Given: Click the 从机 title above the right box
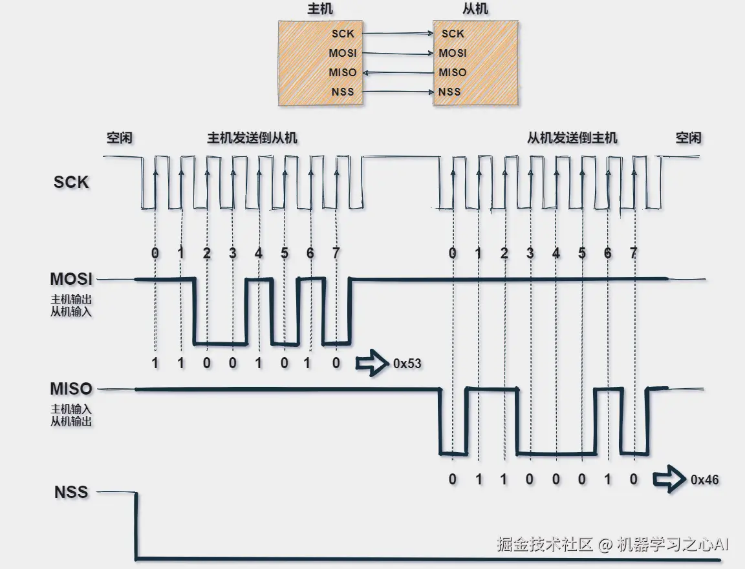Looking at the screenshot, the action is pos(476,9).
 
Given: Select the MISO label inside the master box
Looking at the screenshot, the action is pos(342,72).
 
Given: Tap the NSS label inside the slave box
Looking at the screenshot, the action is pos(450,92).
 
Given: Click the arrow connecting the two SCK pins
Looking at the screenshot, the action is pos(397,33).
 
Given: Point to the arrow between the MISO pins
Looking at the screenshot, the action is pos(397,72).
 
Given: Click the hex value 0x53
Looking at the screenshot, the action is pos(407,364).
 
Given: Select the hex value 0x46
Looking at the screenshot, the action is pos(704,480).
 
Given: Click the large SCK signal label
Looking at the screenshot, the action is pos(71,182).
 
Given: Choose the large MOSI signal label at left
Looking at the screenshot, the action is pos(71,280).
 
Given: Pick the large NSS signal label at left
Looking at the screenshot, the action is pos(71,492).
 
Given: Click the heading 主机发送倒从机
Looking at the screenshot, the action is pos(252,138).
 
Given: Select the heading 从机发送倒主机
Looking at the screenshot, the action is pos(572,138).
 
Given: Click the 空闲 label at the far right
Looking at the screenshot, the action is pos(688,138).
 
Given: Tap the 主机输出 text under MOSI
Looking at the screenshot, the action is pos(71,300).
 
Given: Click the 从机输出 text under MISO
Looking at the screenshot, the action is pos(71,422).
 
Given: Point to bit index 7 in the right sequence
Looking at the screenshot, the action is pos(633,253).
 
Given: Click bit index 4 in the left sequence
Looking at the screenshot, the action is pos(259,253).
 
